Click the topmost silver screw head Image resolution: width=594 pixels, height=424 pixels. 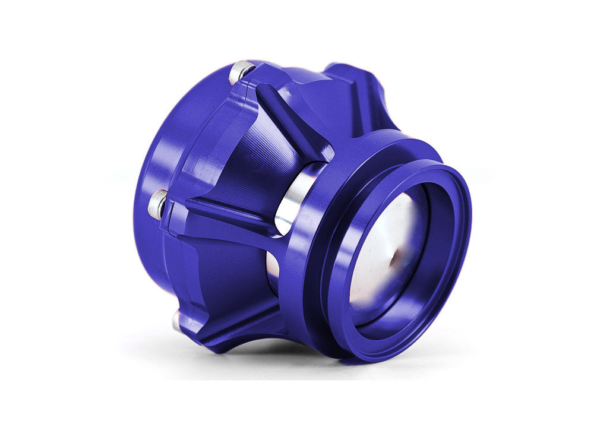(241, 72)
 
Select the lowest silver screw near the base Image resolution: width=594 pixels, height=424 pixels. (177, 321)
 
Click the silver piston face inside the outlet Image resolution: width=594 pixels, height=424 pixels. (386, 249)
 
